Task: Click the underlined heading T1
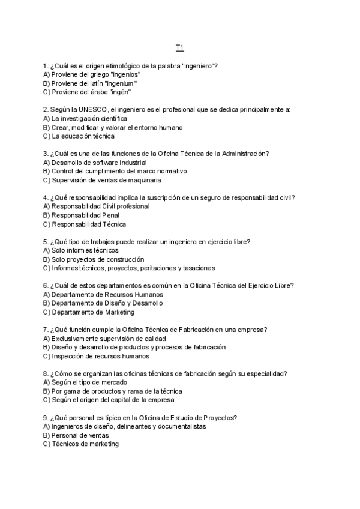coord(179,47)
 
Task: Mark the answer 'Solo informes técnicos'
coord(80,250)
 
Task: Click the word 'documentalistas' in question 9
coord(181,426)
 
